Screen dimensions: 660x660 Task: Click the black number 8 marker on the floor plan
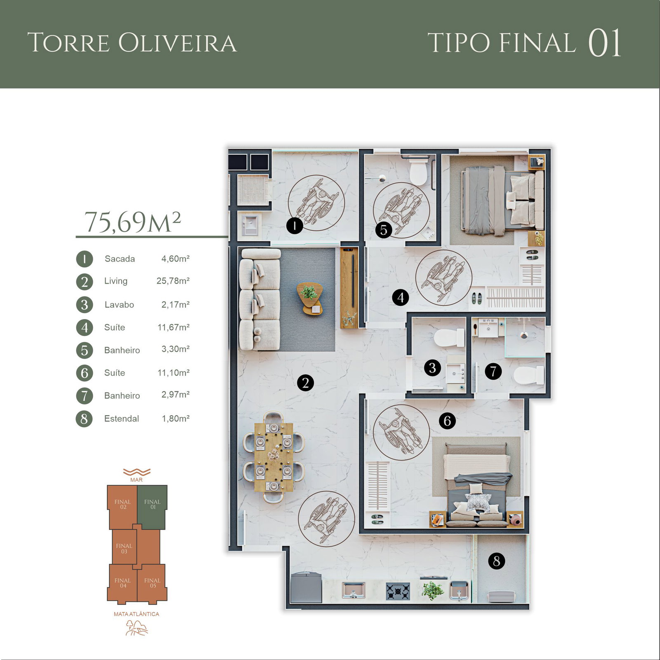click(496, 561)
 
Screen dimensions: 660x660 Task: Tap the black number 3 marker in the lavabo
click(432, 367)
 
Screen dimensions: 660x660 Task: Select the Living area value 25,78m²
click(173, 281)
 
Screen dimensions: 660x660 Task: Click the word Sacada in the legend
click(120, 259)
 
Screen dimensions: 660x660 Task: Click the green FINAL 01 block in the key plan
click(152, 507)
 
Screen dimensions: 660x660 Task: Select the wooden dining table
click(273, 457)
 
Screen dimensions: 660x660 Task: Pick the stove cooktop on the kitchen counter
click(398, 591)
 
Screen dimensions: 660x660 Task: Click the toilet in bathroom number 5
click(418, 172)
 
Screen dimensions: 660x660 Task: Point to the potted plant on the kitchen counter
click(432, 591)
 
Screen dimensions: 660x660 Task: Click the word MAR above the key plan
click(136, 480)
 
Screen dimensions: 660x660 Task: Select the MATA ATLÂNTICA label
click(137, 614)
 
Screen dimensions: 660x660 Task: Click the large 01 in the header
click(604, 43)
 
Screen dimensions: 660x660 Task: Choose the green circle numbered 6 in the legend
click(85, 373)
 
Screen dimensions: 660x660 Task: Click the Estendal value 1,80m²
click(175, 419)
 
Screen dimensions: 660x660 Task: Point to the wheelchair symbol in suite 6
click(401, 432)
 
